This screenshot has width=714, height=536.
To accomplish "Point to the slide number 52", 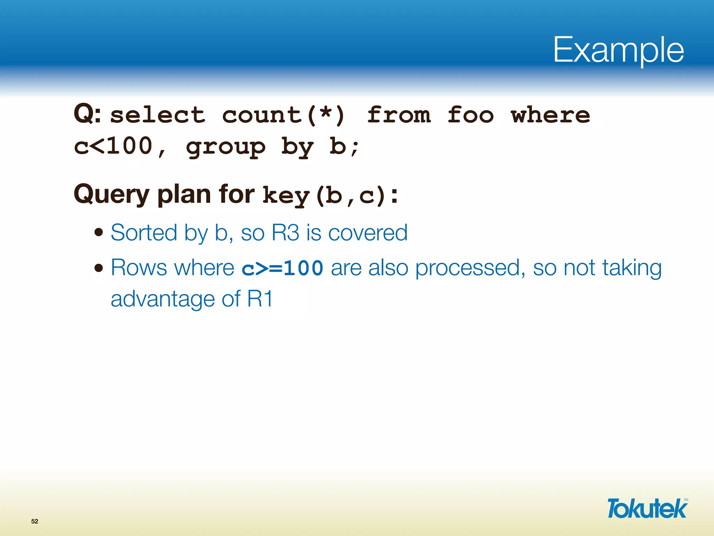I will (x=35, y=521).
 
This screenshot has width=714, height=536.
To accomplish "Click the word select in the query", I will (x=158, y=115).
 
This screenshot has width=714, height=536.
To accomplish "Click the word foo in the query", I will (x=470, y=115).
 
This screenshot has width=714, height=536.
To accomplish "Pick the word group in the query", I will (x=226, y=147).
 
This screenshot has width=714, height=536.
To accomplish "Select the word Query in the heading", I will (x=112, y=195).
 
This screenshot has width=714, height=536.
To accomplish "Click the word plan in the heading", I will (x=184, y=195).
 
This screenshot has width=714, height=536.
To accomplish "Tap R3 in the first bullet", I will (x=285, y=232).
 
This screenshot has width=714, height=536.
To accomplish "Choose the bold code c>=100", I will (x=282, y=268).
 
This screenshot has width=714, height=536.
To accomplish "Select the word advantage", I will (x=162, y=299).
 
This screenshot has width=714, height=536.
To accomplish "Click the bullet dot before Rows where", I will (x=99, y=268).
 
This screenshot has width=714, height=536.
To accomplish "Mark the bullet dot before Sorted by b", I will (x=99, y=232).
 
